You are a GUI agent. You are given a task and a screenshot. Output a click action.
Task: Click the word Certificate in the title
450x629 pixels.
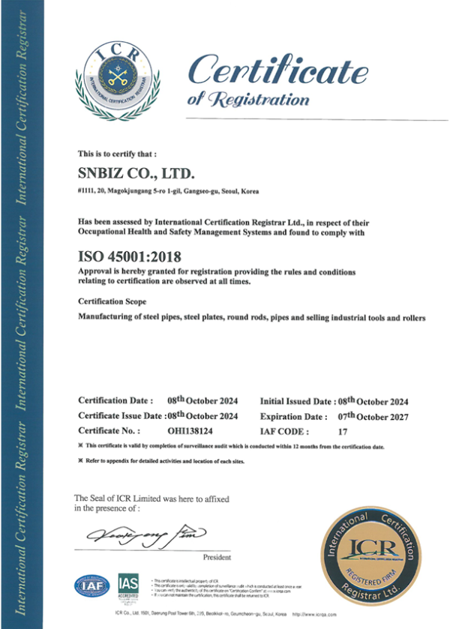point(277,71)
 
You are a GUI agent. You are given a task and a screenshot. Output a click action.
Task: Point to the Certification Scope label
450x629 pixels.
point(112,300)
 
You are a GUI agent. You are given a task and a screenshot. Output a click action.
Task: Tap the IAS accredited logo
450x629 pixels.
point(128,586)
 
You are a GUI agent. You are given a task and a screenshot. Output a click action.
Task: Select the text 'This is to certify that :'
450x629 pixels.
point(117,153)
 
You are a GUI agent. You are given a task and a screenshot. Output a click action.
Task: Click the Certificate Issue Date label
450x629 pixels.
point(120,416)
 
